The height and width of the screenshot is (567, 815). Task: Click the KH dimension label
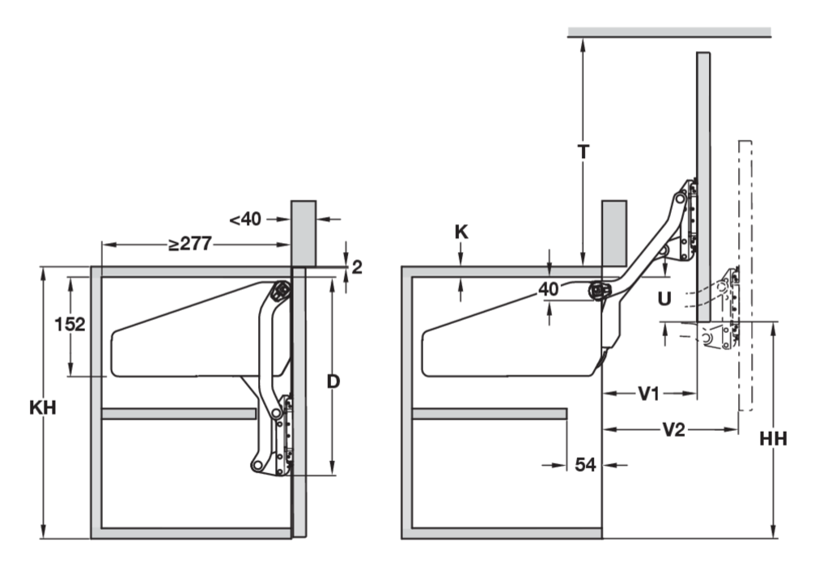(42, 407)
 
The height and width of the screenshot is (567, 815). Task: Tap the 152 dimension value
(70, 325)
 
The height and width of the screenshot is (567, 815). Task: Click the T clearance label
(584, 151)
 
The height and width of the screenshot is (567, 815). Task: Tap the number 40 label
(550, 288)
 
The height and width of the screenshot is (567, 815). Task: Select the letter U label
(664, 299)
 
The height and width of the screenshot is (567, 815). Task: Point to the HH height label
(774, 440)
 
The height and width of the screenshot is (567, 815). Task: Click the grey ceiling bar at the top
(669, 32)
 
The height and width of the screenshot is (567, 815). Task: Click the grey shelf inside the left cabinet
(179, 414)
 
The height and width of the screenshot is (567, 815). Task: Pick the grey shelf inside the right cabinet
(489, 414)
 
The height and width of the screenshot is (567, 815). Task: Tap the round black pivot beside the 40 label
(601, 289)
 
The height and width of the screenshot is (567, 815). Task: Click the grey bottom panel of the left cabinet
(193, 533)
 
